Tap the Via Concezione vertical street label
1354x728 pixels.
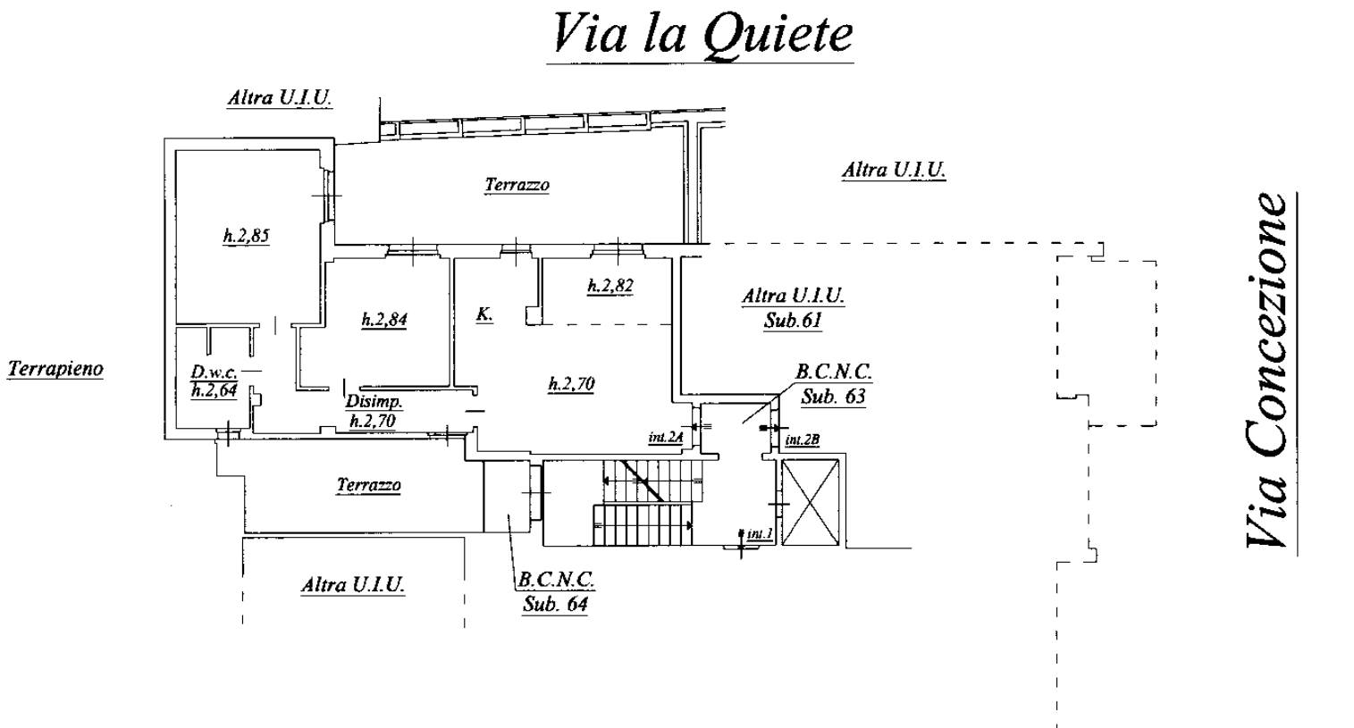pyautogui.click(x=1267, y=371)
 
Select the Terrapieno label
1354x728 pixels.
pyautogui.click(x=55, y=368)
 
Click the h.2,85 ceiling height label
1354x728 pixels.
pyautogui.click(x=246, y=237)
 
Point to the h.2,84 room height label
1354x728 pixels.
pyautogui.click(x=384, y=320)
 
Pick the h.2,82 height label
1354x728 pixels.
pyautogui.click(x=610, y=286)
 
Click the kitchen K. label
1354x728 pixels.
pyautogui.click(x=484, y=314)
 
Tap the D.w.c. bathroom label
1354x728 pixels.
pyautogui.click(x=213, y=373)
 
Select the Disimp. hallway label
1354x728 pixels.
pyautogui.click(x=373, y=403)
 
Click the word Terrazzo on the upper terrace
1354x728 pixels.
pyautogui.click(x=517, y=185)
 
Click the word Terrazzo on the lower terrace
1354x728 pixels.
pyautogui.click(x=368, y=485)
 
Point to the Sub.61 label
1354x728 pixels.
pyautogui.click(x=792, y=320)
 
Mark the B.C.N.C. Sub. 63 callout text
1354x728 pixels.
pyautogui.click(x=833, y=384)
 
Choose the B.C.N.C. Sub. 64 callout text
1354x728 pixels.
pyautogui.click(x=556, y=591)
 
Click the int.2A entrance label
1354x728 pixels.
pyautogui.click(x=666, y=438)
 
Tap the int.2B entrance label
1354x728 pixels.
pyautogui.click(x=802, y=440)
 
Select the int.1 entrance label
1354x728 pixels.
pyautogui.click(x=760, y=534)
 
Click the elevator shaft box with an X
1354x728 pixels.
pyautogui.click(x=811, y=502)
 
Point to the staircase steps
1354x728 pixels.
pyautogui.click(x=645, y=505)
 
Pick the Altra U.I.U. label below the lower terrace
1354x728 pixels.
pyautogui.click(x=352, y=585)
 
